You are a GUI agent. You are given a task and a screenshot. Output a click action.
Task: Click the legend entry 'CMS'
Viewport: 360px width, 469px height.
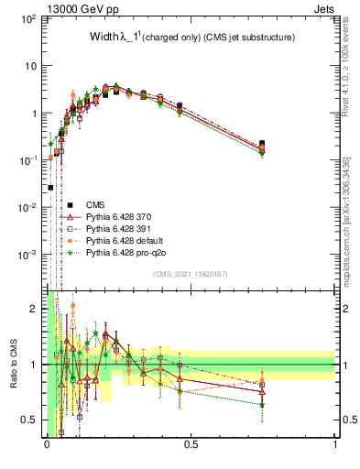click(x=94, y=204)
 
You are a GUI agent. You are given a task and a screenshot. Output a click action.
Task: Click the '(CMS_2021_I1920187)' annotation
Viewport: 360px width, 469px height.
click(x=191, y=274)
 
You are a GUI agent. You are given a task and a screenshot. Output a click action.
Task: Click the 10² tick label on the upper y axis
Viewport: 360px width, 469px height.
click(x=30, y=18)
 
